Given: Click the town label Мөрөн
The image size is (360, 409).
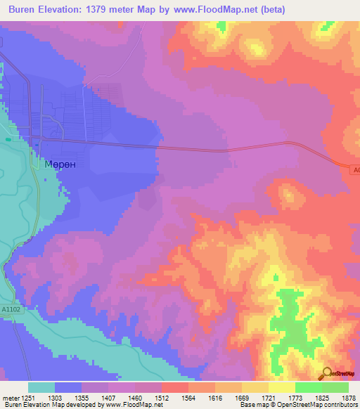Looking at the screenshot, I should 60,162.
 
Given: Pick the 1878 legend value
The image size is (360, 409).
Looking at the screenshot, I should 349,397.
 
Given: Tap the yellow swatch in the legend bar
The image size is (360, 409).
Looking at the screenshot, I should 282,387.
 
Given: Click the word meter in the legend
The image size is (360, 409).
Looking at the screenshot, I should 10,397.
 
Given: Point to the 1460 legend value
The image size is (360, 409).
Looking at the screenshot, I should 135,397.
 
